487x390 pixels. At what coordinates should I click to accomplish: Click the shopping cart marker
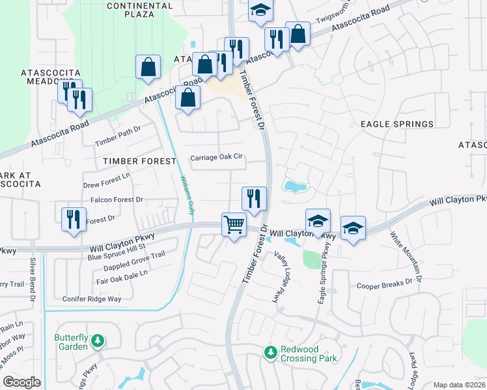point(234,224)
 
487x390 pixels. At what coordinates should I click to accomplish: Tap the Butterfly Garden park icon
point(97,340)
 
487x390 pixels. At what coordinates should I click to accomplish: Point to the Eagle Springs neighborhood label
point(397,123)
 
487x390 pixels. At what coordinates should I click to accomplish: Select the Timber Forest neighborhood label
point(139,161)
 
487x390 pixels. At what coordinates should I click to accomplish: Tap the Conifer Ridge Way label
point(92,299)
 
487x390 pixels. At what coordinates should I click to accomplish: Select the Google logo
point(21,382)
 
